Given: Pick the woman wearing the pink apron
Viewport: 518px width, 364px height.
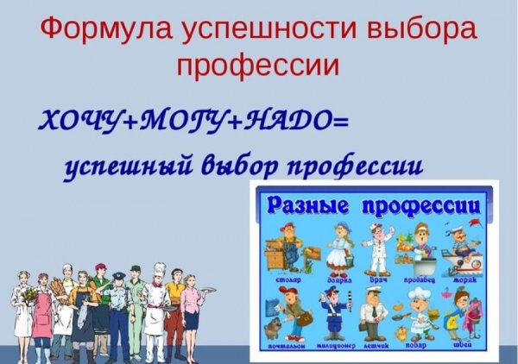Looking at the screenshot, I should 42,315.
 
